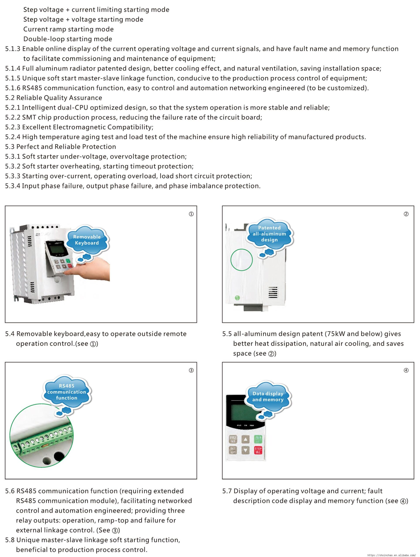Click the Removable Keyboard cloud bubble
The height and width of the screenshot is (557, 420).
87,240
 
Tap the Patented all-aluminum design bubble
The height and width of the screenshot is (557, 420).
269,234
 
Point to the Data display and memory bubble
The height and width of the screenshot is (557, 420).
268,397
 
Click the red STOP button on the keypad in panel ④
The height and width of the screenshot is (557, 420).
258,450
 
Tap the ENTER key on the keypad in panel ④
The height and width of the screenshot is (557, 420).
233,439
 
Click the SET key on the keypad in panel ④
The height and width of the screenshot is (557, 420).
233,450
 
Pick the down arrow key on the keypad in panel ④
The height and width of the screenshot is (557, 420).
245,450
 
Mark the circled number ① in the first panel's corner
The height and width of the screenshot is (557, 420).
191,214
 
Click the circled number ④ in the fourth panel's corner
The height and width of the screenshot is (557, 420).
406,370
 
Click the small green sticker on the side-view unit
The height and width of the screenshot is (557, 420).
237,298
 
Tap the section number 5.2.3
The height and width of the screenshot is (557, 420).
13,127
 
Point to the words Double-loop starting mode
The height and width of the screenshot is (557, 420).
67,39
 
